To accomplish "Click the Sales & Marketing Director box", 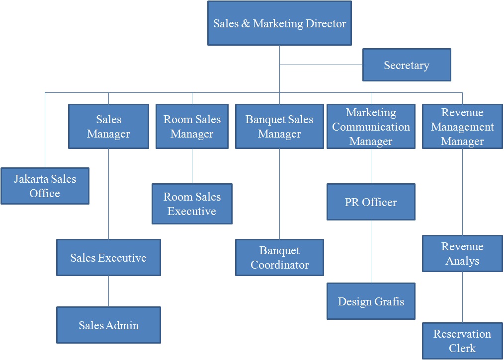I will [x=279, y=23].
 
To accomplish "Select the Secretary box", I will [x=407, y=65].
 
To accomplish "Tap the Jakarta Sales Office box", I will [x=45, y=186].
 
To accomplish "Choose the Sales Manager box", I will [x=108, y=127].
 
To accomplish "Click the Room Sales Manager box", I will [x=192, y=127].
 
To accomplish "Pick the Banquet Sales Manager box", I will [x=279, y=127].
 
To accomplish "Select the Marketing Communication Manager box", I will [x=371, y=127].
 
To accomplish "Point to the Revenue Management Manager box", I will [x=462, y=127].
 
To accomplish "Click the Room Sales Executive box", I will [x=192, y=204].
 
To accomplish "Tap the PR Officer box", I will [x=371, y=202].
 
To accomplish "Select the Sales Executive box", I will [x=108, y=258].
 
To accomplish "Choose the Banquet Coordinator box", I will [x=279, y=258].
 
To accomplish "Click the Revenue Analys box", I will [x=462, y=254].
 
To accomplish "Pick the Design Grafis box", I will [x=371, y=301].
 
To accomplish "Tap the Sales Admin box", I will [x=108, y=325].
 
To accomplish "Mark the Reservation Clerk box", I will [x=462, y=341].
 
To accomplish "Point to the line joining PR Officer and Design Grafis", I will [x=371, y=252].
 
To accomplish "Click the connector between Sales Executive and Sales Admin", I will [x=108, y=291].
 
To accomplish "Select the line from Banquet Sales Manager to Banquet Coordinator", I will [x=279, y=194].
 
